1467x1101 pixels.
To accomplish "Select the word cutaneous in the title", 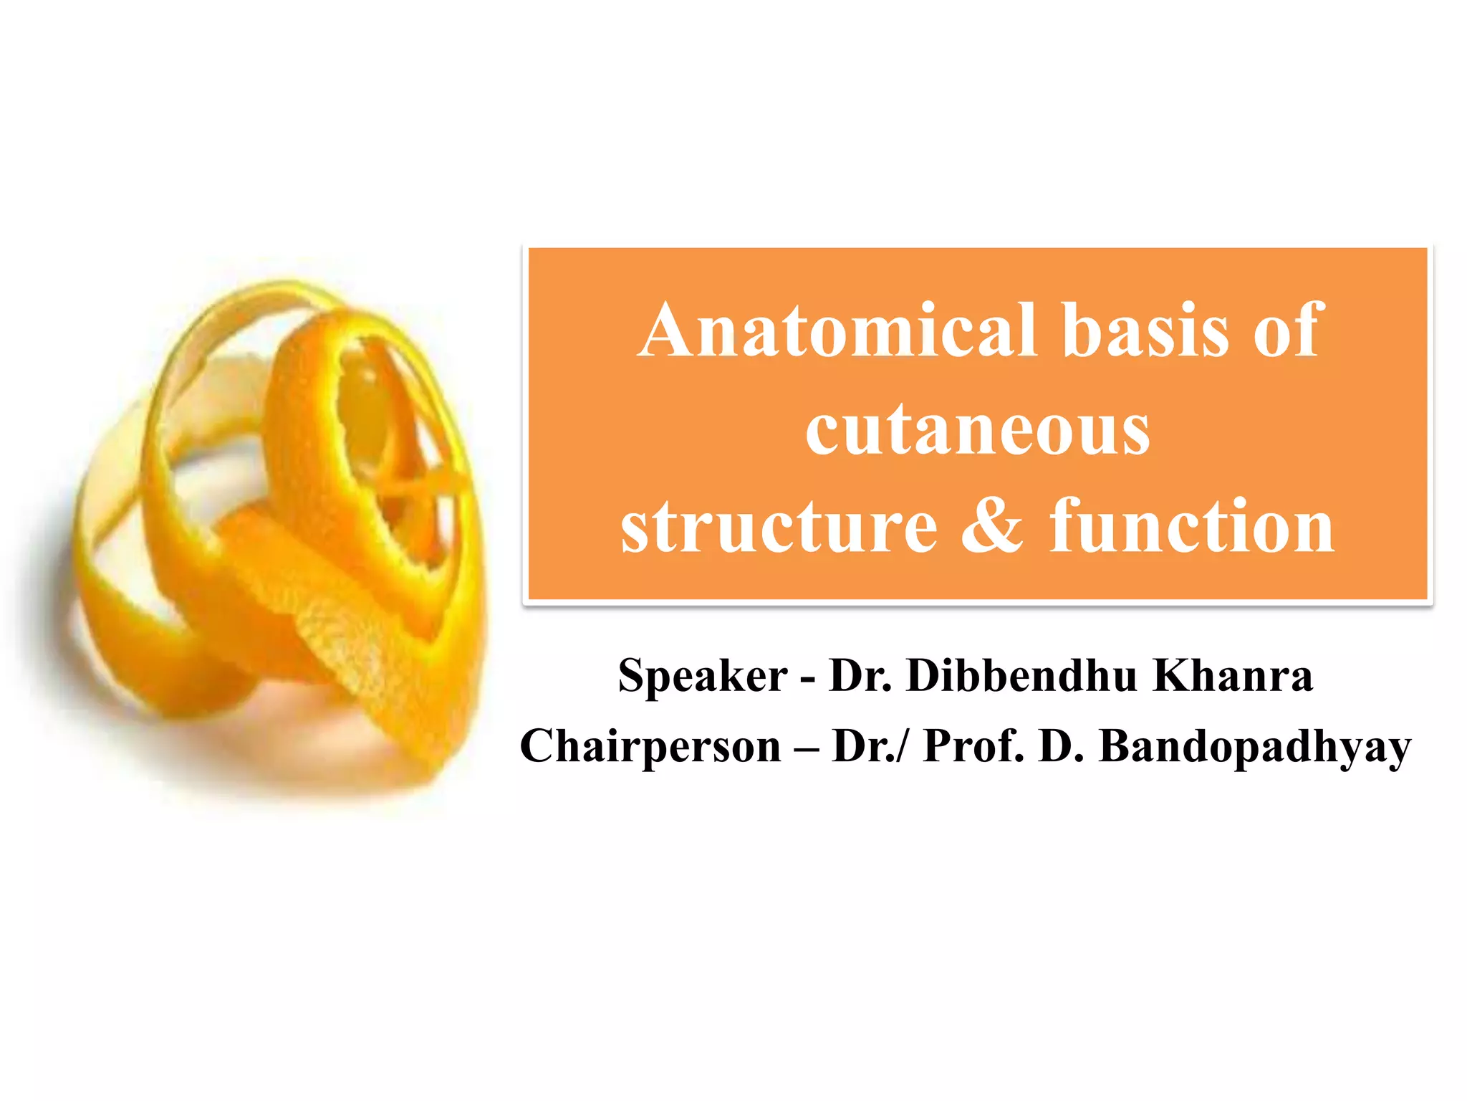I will [978, 429].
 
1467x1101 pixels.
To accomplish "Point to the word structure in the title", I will [779, 527].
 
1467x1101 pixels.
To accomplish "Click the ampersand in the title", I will [992, 527].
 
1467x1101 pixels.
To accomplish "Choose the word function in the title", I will [1192, 527].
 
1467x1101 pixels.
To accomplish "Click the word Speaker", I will [703, 675].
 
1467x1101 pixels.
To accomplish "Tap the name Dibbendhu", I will [1021, 675].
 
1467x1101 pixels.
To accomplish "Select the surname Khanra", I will [1233, 675].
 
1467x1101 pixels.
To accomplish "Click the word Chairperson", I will [650, 746].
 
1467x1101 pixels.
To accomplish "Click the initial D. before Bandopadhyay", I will [1061, 746].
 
